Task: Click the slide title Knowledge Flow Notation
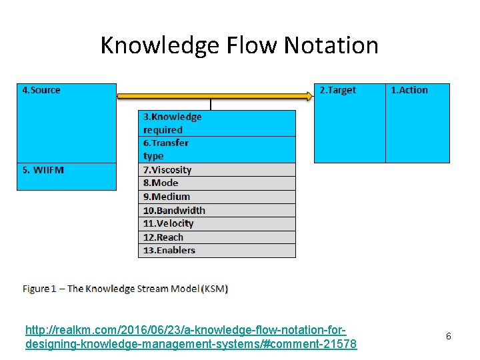click(x=239, y=45)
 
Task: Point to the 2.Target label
click(x=337, y=90)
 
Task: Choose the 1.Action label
click(x=409, y=90)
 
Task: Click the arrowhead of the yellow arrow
click(x=307, y=96)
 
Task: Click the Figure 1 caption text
click(x=125, y=289)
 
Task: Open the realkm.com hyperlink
click(x=190, y=337)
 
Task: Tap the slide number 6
click(x=449, y=337)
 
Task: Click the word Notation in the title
click(x=331, y=45)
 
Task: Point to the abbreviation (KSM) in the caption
click(x=216, y=289)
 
